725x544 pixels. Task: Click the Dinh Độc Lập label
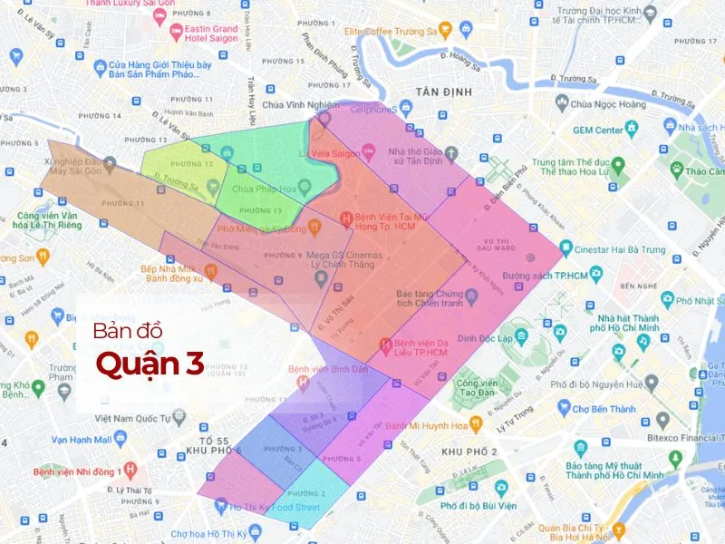485,338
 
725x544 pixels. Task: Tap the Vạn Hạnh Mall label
82,439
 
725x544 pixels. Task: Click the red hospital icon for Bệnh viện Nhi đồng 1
130,470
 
